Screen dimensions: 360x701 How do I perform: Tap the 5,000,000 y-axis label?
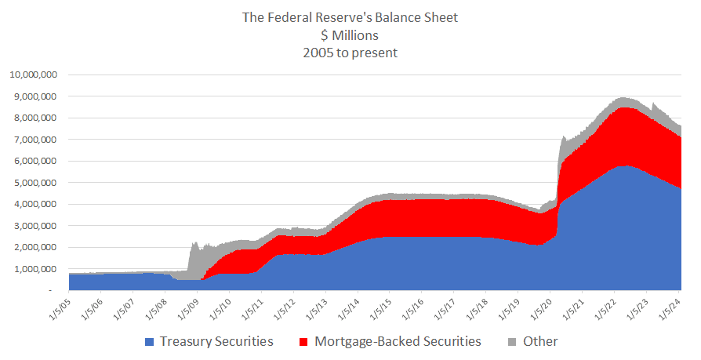pos(35,183)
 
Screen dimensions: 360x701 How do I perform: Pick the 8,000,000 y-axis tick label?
pos(35,118)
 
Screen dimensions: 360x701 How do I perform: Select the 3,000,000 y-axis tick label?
pos(35,226)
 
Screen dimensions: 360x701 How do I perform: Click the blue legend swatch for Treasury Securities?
pos(149,342)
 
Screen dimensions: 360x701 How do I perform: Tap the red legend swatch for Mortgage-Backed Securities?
pos(303,342)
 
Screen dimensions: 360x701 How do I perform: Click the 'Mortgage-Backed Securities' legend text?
pos(398,342)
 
